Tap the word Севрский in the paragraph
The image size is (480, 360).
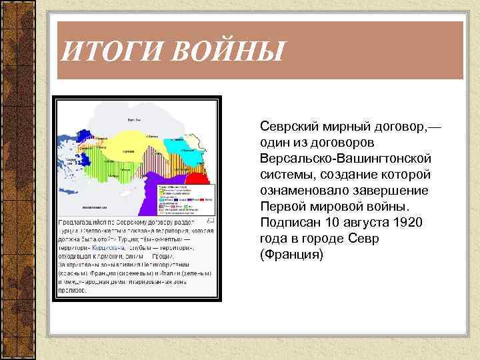(x=291, y=126)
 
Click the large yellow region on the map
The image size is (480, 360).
(x=130, y=143)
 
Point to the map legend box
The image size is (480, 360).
(x=185, y=198)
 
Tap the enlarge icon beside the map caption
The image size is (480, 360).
(x=211, y=220)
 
